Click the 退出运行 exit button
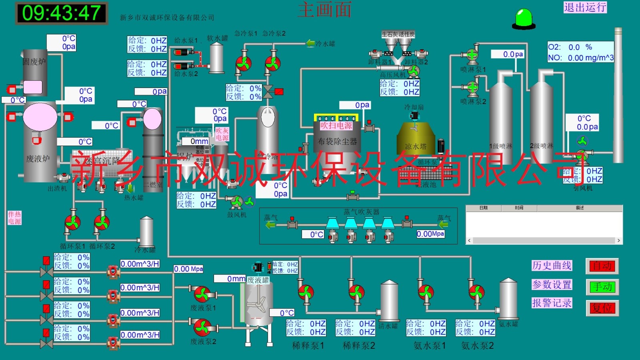[x=585, y=7]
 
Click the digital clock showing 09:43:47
[x=62, y=13]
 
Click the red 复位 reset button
[x=602, y=308]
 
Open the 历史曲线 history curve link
[x=552, y=266]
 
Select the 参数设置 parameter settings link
[x=552, y=285]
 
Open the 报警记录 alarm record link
[x=552, y=303]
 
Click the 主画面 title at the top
[x=324, y=10]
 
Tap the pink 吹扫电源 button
[x=336, y=126]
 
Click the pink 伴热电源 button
[x=14, y=218]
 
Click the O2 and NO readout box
[x=580, y=52]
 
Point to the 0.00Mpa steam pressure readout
[x=430, y=234]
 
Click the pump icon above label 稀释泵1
[x=306, y=292]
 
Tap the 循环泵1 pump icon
[x=73, y=222]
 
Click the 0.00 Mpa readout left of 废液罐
[x=188, y=269]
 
